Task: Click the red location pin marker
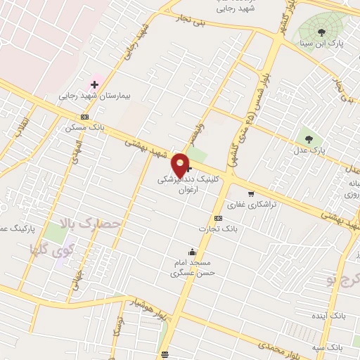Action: point(181,165)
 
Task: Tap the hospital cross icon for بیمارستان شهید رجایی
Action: point(95,84)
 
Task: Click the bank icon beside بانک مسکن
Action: point(85,117)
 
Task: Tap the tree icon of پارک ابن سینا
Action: point(321,32)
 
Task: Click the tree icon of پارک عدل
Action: point(308,138)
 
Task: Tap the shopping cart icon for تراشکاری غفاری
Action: point(251,193)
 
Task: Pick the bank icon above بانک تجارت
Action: point(218,218)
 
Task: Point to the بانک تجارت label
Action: point(219,229)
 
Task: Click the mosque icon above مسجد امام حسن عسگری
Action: point(192,251)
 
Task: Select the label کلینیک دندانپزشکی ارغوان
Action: point(188,185)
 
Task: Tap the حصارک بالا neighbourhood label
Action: point(92,225)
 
